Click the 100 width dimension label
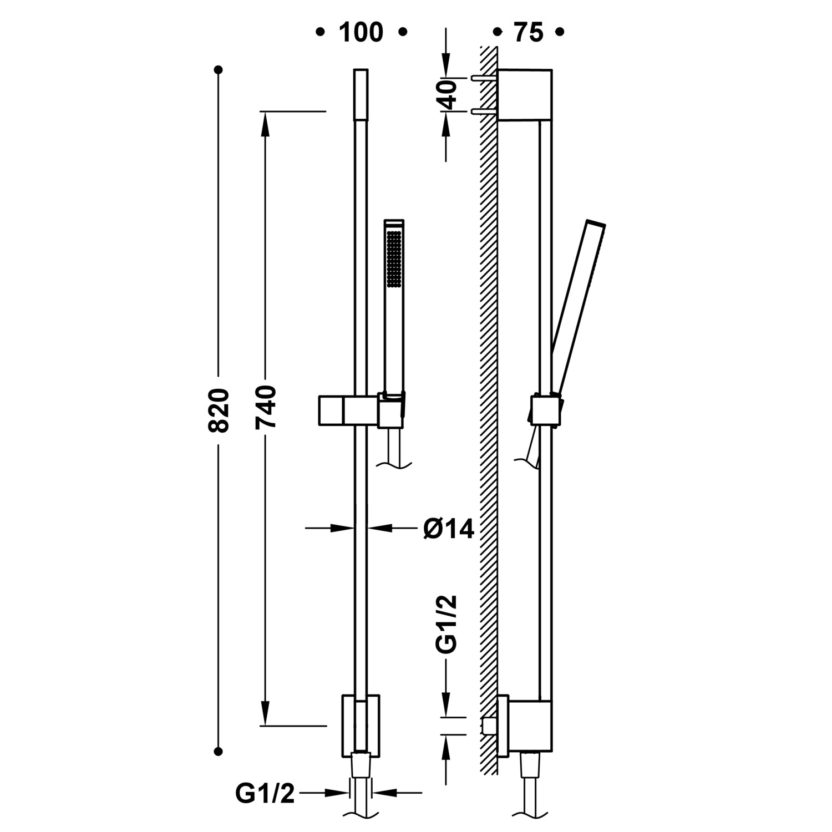tap(361, 33)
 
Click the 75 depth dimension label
tap(529, 33)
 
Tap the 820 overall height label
tap(219, 410)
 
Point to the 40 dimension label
tap(447, 94)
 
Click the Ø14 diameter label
tap(449, 529)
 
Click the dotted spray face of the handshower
tap(394, 259)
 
